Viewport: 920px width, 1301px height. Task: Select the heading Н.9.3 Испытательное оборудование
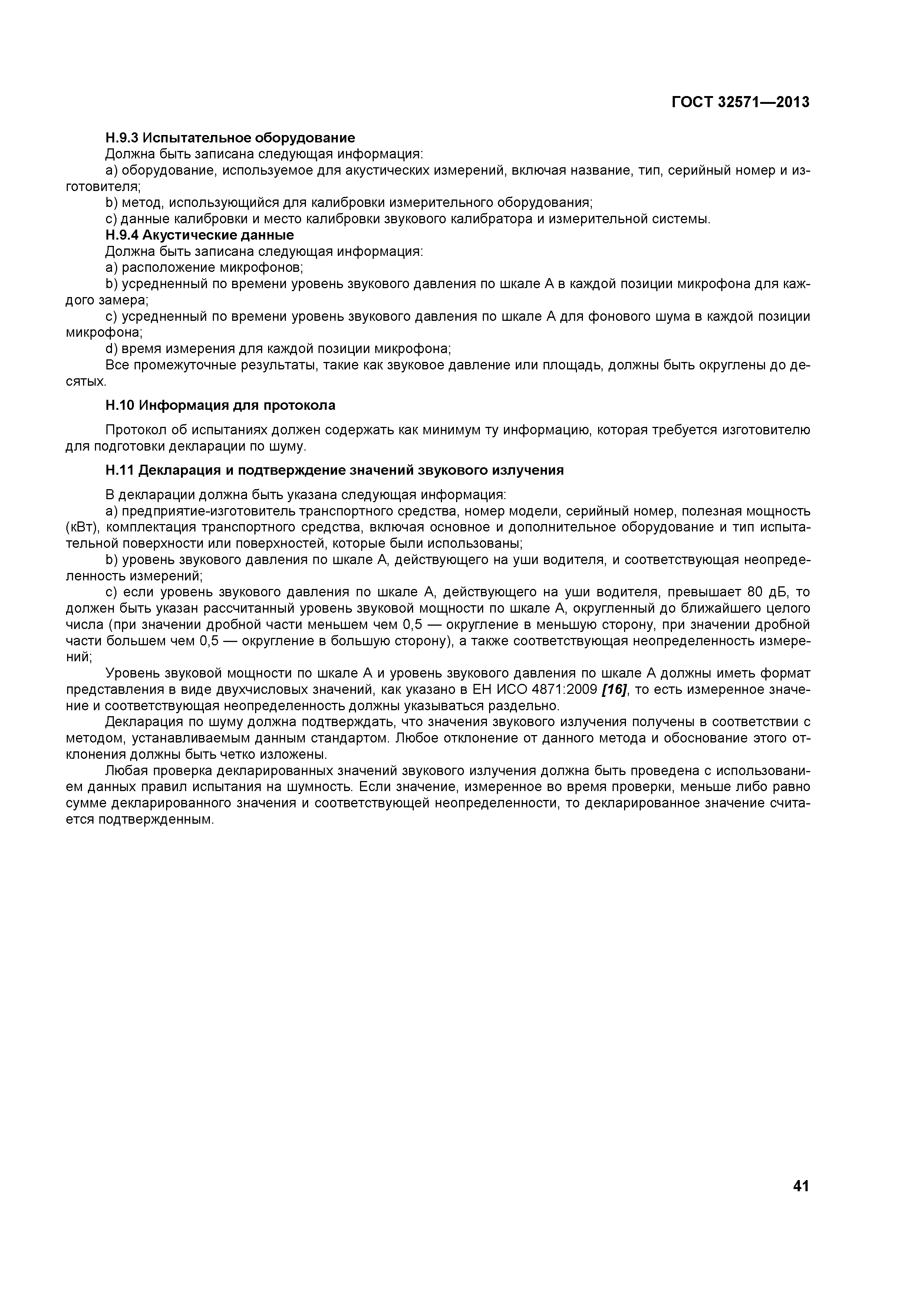230,138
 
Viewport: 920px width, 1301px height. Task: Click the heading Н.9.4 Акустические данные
200,235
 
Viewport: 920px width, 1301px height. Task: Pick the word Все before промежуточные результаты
117,365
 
